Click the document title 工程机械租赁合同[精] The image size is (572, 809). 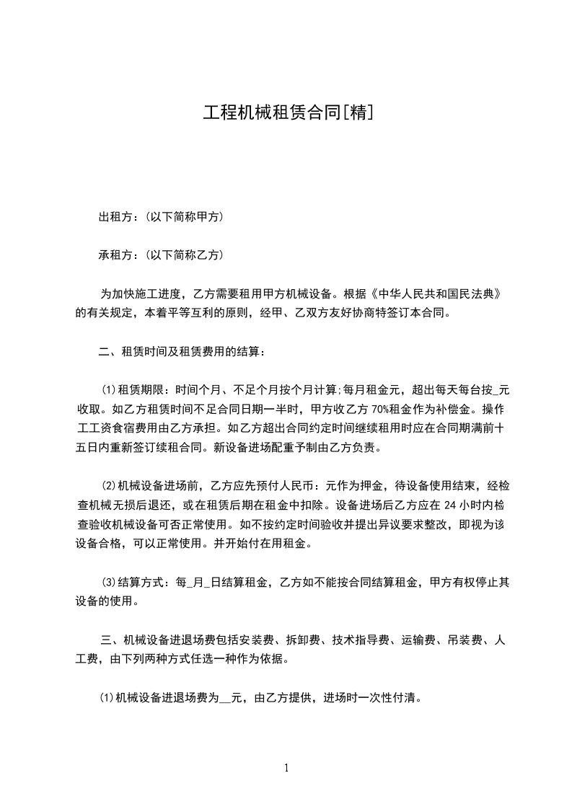pos(287,112)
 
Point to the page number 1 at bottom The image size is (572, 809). pos(286,768)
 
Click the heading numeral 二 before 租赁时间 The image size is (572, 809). pos(105,352)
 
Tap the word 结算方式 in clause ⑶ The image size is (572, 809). pos(140,581)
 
